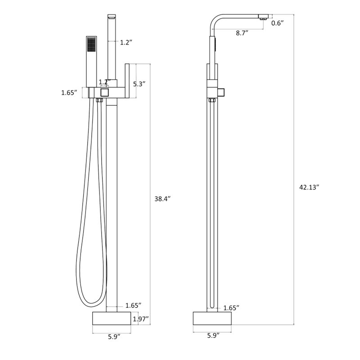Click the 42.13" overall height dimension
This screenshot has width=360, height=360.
pyautogui.click(x=309, y=187)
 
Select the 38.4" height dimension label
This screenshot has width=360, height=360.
pyautogui.click(x=162, y=198)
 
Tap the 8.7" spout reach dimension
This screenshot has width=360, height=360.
pyautogui.click(x=243, y=33)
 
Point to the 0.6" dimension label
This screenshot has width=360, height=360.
pyautogui.click(x=278, y=23)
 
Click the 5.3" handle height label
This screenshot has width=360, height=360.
pyautogui.click(x=139, y=84)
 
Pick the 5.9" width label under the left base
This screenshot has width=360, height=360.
pyautogui.click(x=114, y=337)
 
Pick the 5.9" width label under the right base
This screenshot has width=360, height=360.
pyautogui.click(x=213, y=335)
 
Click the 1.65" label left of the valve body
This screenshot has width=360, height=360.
pyautogui.click(x=69, y=93)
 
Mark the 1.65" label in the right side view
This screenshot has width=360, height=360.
pyautogui.click(x=231, y=308)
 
